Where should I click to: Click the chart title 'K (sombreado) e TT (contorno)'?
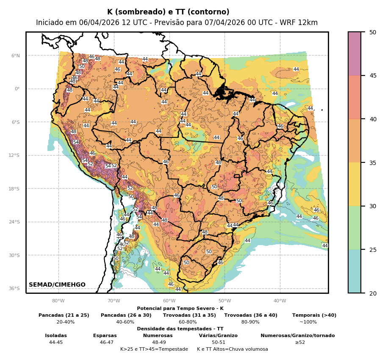coord(168,12)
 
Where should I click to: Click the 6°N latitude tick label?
coord(16,56)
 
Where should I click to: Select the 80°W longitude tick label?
coord(58,301)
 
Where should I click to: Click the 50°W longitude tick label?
coord(224,301)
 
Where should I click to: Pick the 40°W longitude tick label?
coord(280,301)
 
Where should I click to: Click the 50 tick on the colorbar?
coord(373,32)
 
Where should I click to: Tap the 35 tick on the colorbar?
coord(373,163)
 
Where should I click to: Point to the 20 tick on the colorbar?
coord(373,293)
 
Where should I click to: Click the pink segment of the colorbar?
coord(355,53)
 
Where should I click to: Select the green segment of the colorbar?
coord(355,228)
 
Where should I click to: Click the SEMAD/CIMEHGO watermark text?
coord(57,285)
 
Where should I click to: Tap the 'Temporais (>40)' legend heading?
coord(314,315)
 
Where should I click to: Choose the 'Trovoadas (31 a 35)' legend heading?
coord(189,315)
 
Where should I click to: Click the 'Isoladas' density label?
coord(56,336)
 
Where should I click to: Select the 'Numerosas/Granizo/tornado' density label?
coord(297,336)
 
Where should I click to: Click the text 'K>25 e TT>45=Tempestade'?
coord(154,349)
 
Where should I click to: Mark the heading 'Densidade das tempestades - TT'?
coord(180,329)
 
